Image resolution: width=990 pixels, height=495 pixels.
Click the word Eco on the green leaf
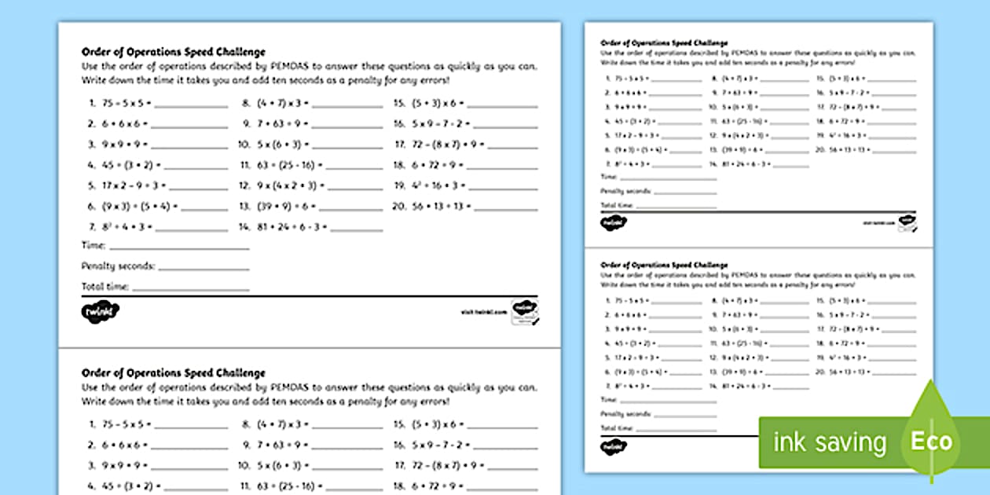click(931, 441)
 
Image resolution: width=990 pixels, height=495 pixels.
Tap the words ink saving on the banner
click(830, 442)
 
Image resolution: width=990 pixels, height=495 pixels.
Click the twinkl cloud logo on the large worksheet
click(100, 311)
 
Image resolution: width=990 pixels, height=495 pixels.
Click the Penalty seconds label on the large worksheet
click(118, 266)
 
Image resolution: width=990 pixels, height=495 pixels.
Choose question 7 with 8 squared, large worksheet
click(119, 227)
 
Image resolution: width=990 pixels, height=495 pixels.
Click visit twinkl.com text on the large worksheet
click(482, 311)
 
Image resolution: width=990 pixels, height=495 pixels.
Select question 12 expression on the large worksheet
click(288, 186)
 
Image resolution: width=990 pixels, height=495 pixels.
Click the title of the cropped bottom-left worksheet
click(173, 373)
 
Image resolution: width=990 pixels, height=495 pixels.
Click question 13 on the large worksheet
click(286, 207)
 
